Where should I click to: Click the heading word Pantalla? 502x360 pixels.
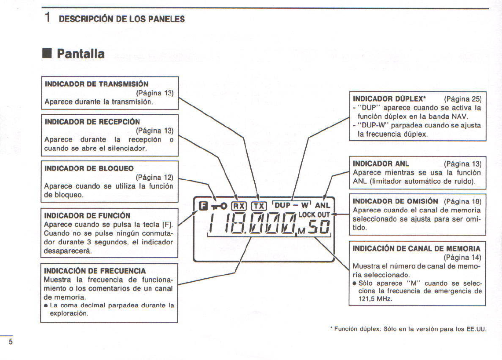pyautogui.click(x=81, y=54)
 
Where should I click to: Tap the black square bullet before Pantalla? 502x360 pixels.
pyautogui.click(x=47, y=54)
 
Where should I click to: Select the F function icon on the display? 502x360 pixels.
pyautogui.click(x=203, y=205)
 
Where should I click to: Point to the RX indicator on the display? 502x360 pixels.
pyautogui.click(x=239, y=205)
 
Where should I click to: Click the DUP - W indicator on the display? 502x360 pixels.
pyautogui.click(x=292, y=205)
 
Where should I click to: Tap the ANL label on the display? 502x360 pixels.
pyautogui.click(x=322, y=205)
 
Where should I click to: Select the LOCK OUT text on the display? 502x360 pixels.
pyautogui.click(x=314, y=215)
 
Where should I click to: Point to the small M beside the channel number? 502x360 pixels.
pyautogui.click(x=301, y=232)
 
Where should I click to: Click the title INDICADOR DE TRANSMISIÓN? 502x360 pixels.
pyautogui.click(x=96, y=84)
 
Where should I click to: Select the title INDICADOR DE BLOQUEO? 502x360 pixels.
pyautogui.click(x=89, y=168)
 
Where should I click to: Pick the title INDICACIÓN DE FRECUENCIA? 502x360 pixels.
pyautogui.click(x=95, y=271)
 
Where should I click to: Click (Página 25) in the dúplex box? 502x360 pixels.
pyautogui.click(x=463, y=98)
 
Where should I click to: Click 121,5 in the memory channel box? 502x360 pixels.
pyautogui.click(x=369, y=298)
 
